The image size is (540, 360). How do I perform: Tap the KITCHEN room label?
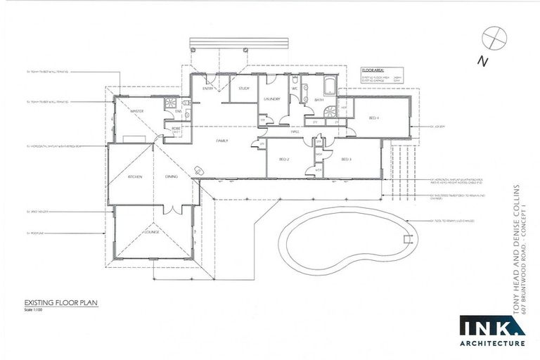click(x=135, y=177)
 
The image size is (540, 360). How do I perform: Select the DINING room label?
click(x=171, y=177)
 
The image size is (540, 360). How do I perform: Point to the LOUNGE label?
click(x=153, y=231)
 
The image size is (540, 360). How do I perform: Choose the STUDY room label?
click(x=243, y=89)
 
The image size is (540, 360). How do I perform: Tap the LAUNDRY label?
click(x=273, y=100)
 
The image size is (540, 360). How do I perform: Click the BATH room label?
click(x=319, y=100)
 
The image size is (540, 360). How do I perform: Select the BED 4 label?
click(x=373, y=119)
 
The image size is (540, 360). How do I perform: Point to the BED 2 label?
click(x=285, y=160)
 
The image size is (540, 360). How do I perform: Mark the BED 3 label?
click(x=346, y=160)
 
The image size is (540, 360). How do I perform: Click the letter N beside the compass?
click(x=483, y=61)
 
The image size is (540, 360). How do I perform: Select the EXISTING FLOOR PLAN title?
click(x=58, y=303)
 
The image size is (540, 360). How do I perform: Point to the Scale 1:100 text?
click(x=33, y=310)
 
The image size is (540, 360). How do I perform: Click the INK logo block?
click(x=491, y=326)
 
